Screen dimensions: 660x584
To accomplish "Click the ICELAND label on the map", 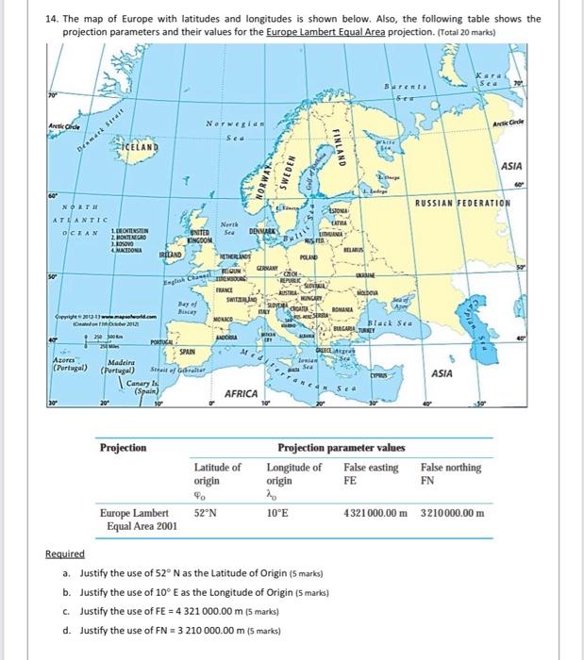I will (x=138, y=149).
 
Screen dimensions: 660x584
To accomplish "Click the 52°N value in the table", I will (x=206, y=513).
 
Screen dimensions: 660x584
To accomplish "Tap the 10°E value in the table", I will (x=277, y=513).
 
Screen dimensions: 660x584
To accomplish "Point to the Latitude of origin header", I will (x=217, y=472).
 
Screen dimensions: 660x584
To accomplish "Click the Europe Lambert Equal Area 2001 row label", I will (x=139, y=520).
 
